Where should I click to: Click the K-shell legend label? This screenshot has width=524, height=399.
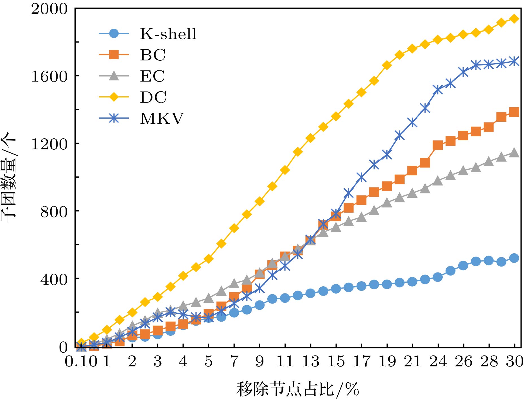point(168,34)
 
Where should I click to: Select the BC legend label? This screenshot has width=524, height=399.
point(153,55)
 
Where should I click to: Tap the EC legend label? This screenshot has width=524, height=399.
point(152,76)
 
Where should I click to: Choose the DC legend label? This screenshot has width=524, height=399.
point(153,97)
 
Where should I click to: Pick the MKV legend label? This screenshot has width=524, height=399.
point(162,118)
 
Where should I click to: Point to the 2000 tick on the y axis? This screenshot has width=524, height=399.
point(49,9)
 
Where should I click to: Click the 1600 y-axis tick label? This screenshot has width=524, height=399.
point(49,76)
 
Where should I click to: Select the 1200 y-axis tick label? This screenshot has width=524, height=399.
point(49,144)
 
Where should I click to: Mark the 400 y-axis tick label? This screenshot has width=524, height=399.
point(54,279)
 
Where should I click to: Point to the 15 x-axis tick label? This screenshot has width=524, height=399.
point(336,361)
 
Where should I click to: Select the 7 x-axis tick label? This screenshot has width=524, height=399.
point(234,361)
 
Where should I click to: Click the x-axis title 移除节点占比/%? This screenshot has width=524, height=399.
point(298,389)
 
